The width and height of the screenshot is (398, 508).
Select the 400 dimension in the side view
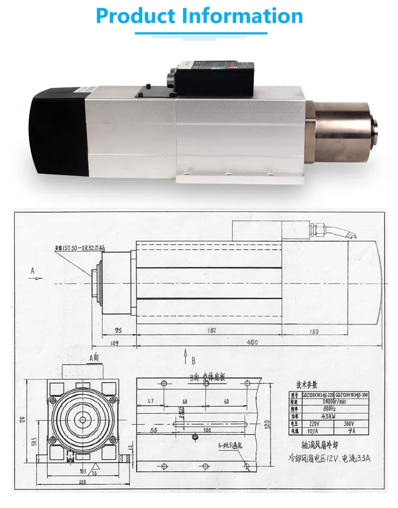click(252, 343)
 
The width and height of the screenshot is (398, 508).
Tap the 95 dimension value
click(118, 330)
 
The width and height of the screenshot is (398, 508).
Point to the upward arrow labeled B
click(186, 357)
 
